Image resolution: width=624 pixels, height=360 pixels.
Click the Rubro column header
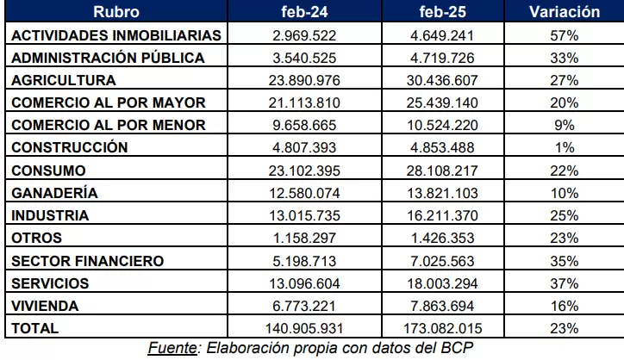(116, 11)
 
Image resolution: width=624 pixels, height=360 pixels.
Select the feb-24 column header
(304, 11)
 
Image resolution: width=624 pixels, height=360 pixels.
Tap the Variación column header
(565, 11)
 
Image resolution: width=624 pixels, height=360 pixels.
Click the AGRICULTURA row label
(64, 80)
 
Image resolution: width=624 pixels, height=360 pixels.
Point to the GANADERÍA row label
(54, 193)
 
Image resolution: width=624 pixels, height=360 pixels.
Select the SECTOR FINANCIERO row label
(88, 261)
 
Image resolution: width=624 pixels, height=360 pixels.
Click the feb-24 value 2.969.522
(304, 36)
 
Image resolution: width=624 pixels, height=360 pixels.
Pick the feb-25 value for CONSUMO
(442, 171)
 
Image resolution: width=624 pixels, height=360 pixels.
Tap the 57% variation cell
(565, 36)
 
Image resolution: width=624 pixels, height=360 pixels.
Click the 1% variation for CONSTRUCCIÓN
(565, 147)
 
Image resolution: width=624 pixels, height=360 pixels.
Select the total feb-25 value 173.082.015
(442, 328)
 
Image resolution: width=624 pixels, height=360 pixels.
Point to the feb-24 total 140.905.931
(304, 328)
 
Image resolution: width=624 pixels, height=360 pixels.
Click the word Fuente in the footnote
(172, 348)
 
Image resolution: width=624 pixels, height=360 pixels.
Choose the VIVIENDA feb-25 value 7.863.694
(442, 306)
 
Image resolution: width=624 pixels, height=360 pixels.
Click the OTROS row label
(36, 238)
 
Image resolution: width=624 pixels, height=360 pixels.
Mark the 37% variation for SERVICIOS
(565, 283)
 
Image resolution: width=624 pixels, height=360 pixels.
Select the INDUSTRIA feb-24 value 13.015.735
(304, 215)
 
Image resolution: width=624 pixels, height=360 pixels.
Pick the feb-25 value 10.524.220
(442, 125)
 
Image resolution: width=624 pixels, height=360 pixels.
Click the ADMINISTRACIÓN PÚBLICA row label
(108, 57)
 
